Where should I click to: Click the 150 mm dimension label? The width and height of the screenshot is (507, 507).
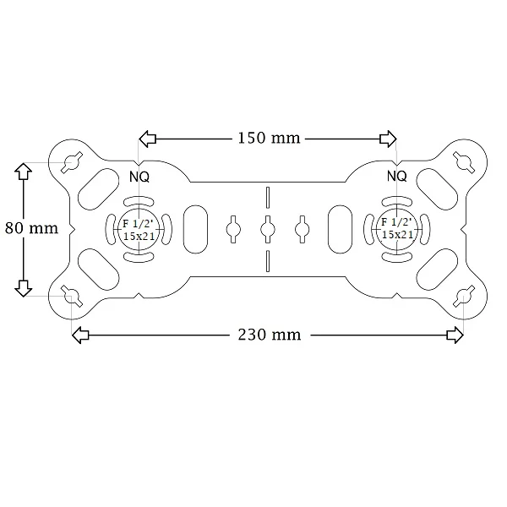pos(269,138)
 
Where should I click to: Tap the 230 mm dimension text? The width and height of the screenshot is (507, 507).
pos(270,335)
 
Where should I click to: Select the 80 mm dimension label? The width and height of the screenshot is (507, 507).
pos(32,228)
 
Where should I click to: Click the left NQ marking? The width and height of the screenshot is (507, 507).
pos(139,177)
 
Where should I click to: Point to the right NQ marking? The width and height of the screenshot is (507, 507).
pos(397,177)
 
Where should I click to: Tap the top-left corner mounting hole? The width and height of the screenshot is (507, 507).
pos(72,161)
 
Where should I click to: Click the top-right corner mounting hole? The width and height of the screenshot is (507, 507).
pos(464,161)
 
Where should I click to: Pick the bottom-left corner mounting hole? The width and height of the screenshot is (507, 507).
pos(72,296)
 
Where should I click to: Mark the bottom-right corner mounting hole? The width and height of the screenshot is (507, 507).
pos(464,296)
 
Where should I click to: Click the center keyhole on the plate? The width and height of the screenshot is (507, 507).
pos(268,229)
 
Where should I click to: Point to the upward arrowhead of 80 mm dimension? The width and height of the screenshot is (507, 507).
pos(24,171)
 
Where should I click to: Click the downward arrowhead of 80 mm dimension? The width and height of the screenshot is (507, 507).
pos(24,288)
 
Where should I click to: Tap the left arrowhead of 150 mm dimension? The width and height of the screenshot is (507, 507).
pos(147,139)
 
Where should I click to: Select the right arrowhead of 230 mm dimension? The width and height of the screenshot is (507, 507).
pos(455,335)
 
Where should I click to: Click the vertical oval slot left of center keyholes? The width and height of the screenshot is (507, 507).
pos(195,229)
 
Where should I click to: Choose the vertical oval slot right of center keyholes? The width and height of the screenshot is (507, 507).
pos(340,229)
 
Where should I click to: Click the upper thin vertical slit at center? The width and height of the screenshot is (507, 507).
pos(268,197)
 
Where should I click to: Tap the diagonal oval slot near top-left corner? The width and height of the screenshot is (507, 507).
pos(99,188)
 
